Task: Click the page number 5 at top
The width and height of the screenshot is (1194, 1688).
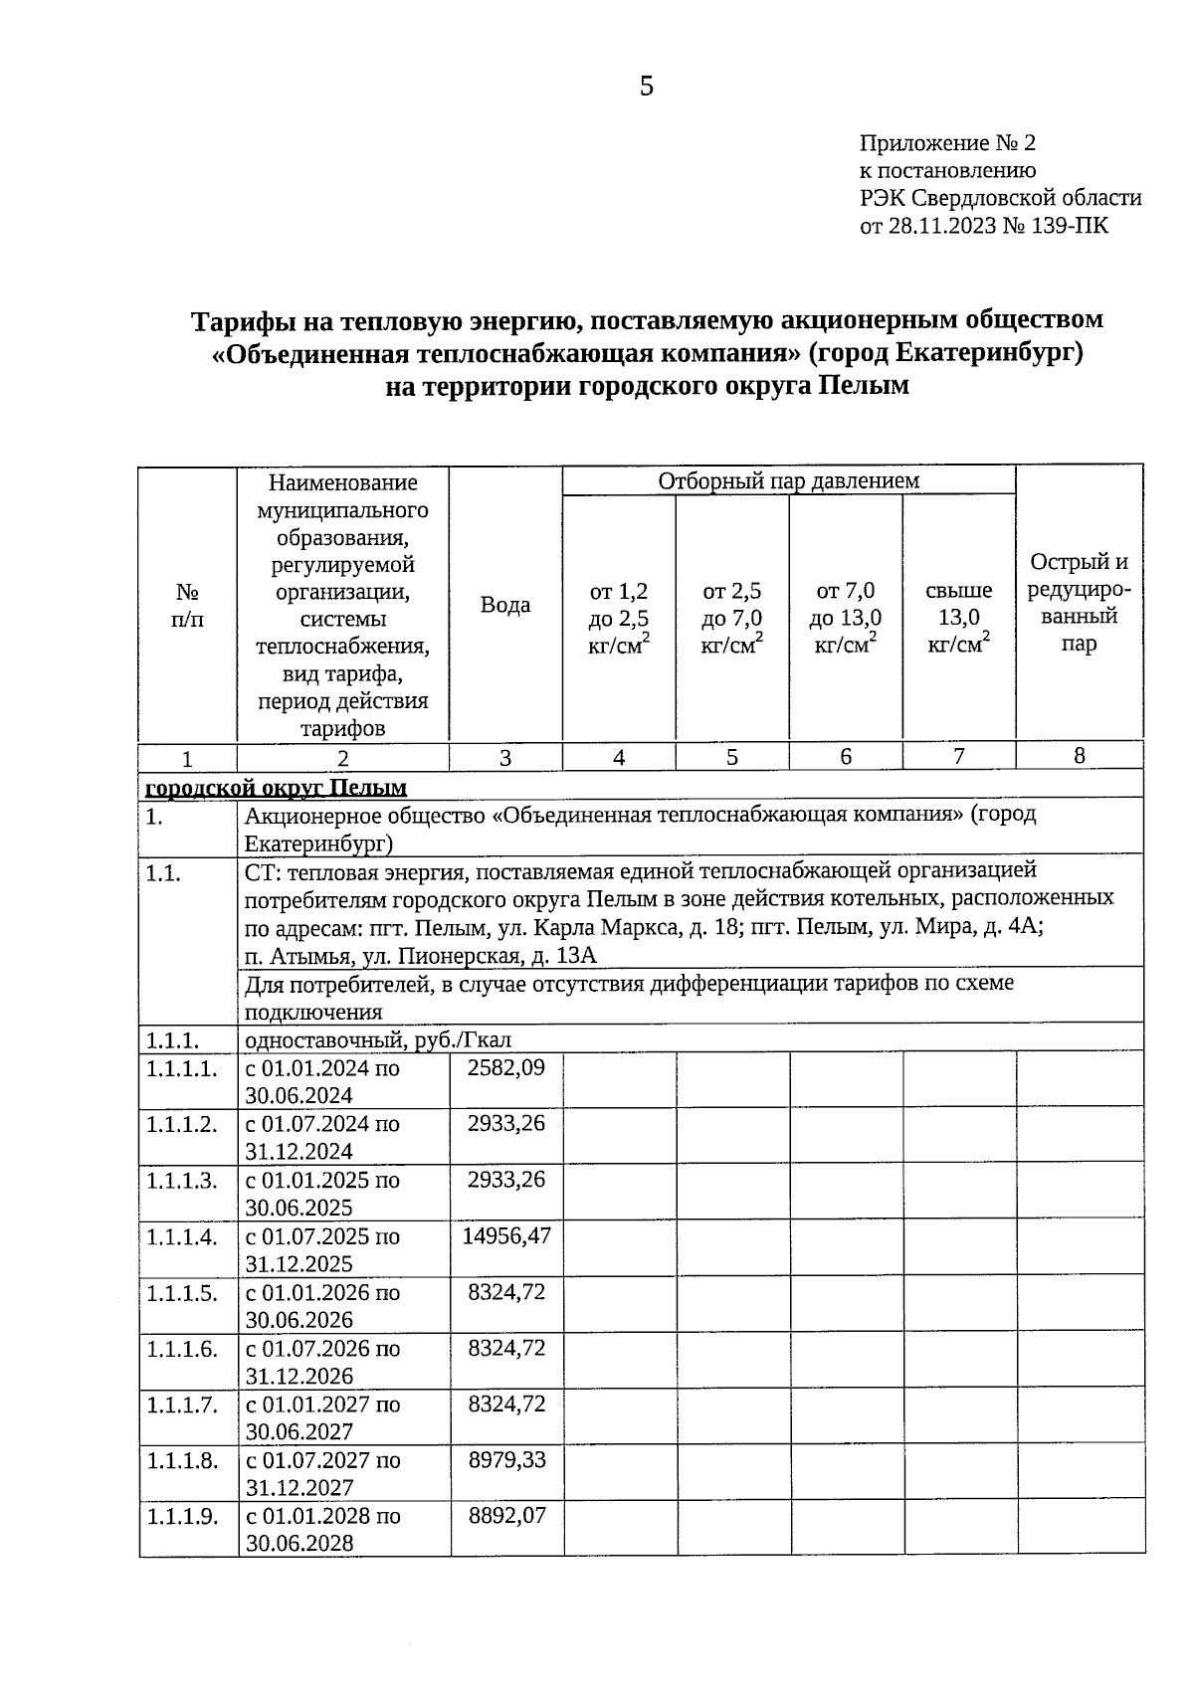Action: tap(647, 88)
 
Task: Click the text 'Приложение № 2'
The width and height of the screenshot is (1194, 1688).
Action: tap(947, 143)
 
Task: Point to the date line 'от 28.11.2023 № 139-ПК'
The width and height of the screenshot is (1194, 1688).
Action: tap(983, 226)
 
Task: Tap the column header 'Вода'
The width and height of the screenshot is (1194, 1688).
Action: tap(505, 605)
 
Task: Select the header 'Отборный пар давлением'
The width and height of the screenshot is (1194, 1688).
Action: tap(788, 481)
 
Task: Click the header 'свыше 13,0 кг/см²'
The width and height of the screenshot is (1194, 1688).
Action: tap(958, 618)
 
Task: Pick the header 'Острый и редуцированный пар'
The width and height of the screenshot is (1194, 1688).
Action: tap(1079, 602)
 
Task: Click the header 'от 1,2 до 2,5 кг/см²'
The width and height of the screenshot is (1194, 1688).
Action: tap(619, 618)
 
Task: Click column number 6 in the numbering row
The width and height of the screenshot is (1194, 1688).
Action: tap(845, 756)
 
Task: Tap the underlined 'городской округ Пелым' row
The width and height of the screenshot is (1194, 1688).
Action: tap(276, 788)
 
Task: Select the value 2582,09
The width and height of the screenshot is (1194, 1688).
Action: tap(506, 1067)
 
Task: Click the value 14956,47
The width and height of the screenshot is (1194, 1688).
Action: tap(506, 1235)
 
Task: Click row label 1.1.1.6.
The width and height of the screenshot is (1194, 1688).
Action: tap(182, 1349)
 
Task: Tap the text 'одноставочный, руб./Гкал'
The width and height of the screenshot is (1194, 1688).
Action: tap(378, 1040)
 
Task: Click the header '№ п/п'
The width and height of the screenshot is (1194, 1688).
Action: tap(187, 605)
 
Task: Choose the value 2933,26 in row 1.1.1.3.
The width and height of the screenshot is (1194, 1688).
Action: tap(506, 1180)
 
